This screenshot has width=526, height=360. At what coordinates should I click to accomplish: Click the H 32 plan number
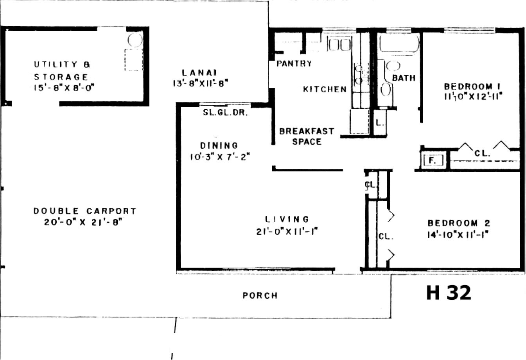tap(449, 293)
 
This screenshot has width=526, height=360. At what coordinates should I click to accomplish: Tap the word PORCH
tap(260, 295)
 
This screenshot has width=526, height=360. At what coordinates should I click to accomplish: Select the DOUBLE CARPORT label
tap(85, 211)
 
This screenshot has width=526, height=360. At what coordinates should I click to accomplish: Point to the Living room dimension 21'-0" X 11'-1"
tap(287, 232)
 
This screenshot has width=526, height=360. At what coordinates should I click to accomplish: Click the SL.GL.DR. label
tap(225, 113)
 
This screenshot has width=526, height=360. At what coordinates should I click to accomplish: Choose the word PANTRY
tap(294, 63)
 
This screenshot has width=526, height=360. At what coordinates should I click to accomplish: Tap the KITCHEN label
tap(325, 89)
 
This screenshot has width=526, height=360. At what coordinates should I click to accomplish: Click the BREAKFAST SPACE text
tap(307, 136)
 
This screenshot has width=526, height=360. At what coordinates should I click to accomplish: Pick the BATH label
tap(404, 78)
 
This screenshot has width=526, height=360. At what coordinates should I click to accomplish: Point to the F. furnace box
tap(433, 160)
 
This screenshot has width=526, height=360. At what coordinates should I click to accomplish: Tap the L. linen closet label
tap(380, 122)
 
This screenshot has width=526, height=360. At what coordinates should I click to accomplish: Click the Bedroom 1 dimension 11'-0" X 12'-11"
tap(473, 96)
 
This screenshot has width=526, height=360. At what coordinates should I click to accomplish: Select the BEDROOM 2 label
tap(459, 223)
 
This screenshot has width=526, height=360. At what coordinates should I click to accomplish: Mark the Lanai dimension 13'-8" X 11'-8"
tap(201, 83)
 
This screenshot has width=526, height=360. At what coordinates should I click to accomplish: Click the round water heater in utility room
tap(135, 40)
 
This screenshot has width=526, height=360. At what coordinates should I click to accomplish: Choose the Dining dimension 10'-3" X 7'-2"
tap(220, 157)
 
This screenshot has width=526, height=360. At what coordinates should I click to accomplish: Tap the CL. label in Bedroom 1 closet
tap(482, 153)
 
